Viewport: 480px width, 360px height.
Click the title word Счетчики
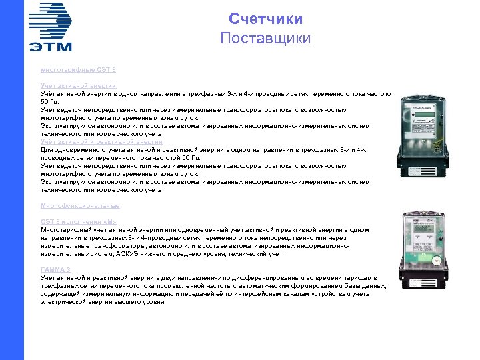pyautogui.click(x=265, y=19)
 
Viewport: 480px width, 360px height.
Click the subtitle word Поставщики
pyautogui.click(x=265, y=38)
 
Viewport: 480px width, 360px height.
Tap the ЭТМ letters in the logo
pyautogui.click(x=50, y=46)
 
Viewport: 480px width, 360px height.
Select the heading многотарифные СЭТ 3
pyautogui.click(x=78, y=69)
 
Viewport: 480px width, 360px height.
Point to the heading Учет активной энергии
pyautogui.click(x=78, y=86)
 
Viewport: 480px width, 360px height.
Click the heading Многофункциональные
pyautogui.click(x=80, y=205)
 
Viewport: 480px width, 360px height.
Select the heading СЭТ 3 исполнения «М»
pyautogui.click(x=79, y=222)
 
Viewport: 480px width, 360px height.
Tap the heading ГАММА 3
pyautogui.click(x=55, y=269)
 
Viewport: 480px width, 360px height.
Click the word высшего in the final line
pyautogui.click(x=135, y=301)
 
